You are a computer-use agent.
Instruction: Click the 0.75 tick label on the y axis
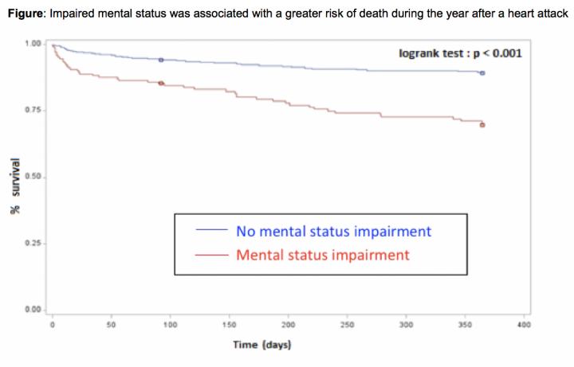point(33,110)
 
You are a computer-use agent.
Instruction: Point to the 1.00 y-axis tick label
point(33,44)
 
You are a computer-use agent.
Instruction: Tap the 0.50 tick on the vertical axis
point(33,177)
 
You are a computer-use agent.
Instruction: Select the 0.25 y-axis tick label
point(33,243)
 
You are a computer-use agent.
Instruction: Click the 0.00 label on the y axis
point(33,309)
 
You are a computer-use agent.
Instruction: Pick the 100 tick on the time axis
point(170,325)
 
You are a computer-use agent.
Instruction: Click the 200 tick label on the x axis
point(288,325)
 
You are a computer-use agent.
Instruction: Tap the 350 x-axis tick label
point(465,325)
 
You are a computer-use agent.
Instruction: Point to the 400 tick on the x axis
point(524,325)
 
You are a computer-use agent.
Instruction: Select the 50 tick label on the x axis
point(111,325)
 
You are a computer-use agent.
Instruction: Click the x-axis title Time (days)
point(261,345)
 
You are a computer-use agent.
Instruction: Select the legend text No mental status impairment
point(333,232)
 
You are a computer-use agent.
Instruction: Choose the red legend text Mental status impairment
point(322,256)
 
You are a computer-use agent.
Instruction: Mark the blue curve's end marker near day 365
point(482,73)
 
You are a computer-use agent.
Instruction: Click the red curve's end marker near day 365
point(482,125)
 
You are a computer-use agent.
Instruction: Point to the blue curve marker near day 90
point(161,60)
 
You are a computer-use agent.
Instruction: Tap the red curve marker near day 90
point(161,83)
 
